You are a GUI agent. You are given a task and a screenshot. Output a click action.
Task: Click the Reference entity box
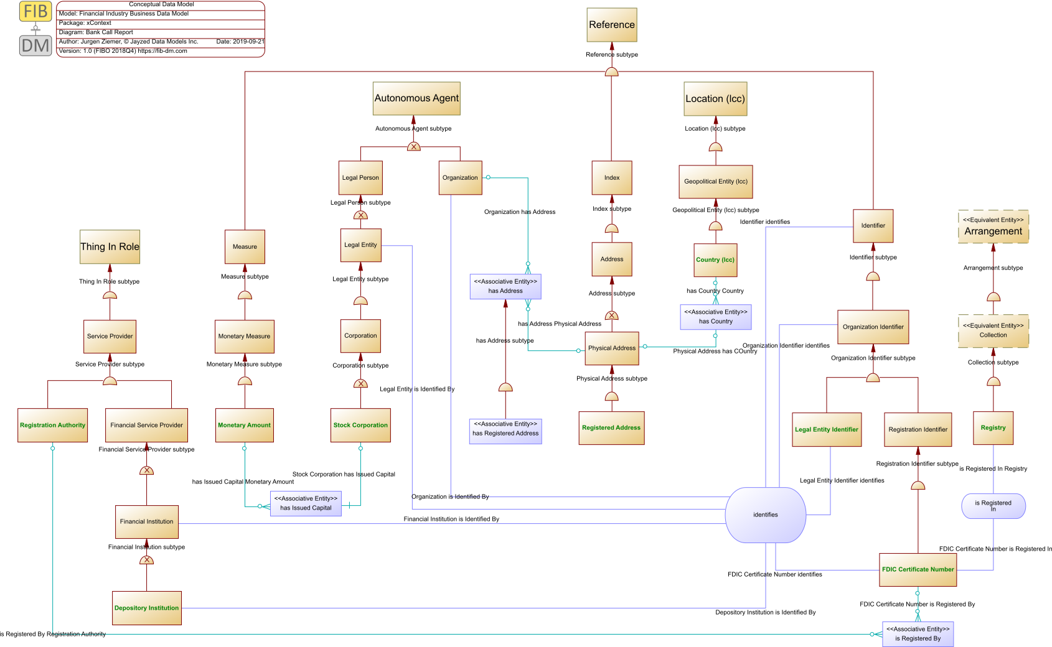pos(611,25)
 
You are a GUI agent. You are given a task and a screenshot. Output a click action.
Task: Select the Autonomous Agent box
pos(416,98)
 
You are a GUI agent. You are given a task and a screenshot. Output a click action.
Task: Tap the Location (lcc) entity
pos(715,99)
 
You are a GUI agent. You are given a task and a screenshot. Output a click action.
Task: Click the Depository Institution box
pos(147,608)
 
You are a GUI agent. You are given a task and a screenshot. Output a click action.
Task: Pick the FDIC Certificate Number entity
pos(918,569)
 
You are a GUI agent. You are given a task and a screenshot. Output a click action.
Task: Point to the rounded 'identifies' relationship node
pos(765,514)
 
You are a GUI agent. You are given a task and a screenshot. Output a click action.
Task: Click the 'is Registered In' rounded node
pos(993,506)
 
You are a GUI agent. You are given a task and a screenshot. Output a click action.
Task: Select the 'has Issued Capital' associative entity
pos(306,503)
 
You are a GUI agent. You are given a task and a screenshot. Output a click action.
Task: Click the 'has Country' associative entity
pos(715,317)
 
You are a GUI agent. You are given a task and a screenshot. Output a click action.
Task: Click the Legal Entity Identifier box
pos(826,429)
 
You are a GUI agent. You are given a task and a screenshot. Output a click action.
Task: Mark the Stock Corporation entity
pos(360,425)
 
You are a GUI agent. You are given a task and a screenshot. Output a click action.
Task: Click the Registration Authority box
pos(53,425)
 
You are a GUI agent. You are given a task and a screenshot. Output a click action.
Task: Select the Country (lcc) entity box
pos(715,260)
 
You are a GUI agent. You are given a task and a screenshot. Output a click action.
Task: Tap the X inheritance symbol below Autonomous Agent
pos(413,147)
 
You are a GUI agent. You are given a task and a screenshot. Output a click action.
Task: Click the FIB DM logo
pos(35,29)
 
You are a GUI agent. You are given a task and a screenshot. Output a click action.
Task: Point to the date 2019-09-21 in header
pos(240,42)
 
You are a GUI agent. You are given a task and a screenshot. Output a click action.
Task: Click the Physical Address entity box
pos(611,348)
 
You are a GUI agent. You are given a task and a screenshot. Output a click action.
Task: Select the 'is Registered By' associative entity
pos(918,634)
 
